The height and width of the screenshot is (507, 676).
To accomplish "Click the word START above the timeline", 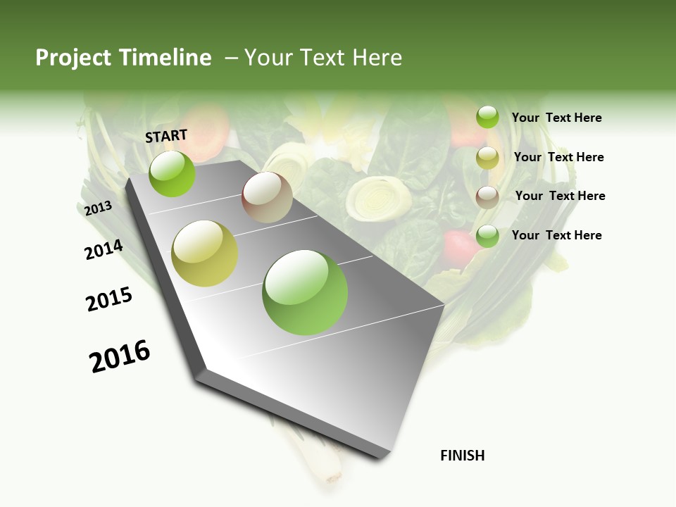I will [166, 136].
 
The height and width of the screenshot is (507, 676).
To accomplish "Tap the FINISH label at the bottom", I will [462, 456].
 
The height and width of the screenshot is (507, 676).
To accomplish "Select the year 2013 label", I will [98, 208].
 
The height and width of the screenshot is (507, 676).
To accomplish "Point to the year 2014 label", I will [104, 250].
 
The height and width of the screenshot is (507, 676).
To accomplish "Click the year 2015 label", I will [109, 299].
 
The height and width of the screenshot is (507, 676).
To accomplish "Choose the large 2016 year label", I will [120, 356].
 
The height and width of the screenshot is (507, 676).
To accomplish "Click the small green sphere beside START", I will [172, 174].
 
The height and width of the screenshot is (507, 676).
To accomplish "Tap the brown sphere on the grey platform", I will [267, 197].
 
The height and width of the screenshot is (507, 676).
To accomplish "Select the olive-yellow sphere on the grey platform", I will [205, 254].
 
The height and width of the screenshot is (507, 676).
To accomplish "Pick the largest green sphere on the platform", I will [305, 292].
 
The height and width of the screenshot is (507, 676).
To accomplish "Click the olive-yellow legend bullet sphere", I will [487, 158].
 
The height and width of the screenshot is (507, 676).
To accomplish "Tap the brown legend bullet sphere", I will [487, 196].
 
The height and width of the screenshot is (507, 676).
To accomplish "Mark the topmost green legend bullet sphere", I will [487, 117].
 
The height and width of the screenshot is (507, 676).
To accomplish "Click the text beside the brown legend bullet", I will [560, 196].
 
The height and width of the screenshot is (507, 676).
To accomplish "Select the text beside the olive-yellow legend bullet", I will [558, 157].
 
